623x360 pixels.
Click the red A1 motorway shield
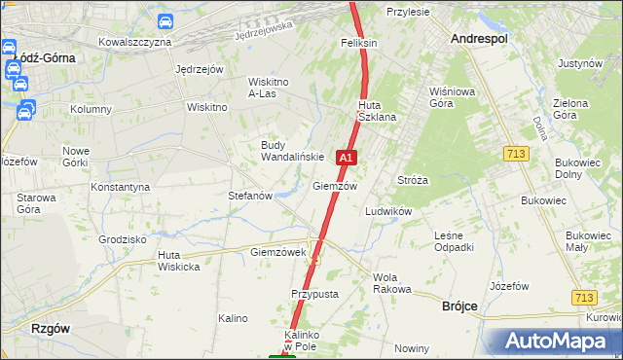click(346, 157)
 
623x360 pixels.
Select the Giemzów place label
click(335, 186)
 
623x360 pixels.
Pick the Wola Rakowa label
click(392, 283)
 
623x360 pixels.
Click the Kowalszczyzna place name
click(135, 43)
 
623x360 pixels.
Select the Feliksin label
click(358, 44)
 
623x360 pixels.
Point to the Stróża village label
click(413, 180)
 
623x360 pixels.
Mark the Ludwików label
click(388, 211)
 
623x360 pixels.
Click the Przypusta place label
click(314, 293)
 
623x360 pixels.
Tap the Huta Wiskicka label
click(178, 261)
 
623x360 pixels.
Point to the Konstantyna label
click(120, 186)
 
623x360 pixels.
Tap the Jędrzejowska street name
click(264, 32)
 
